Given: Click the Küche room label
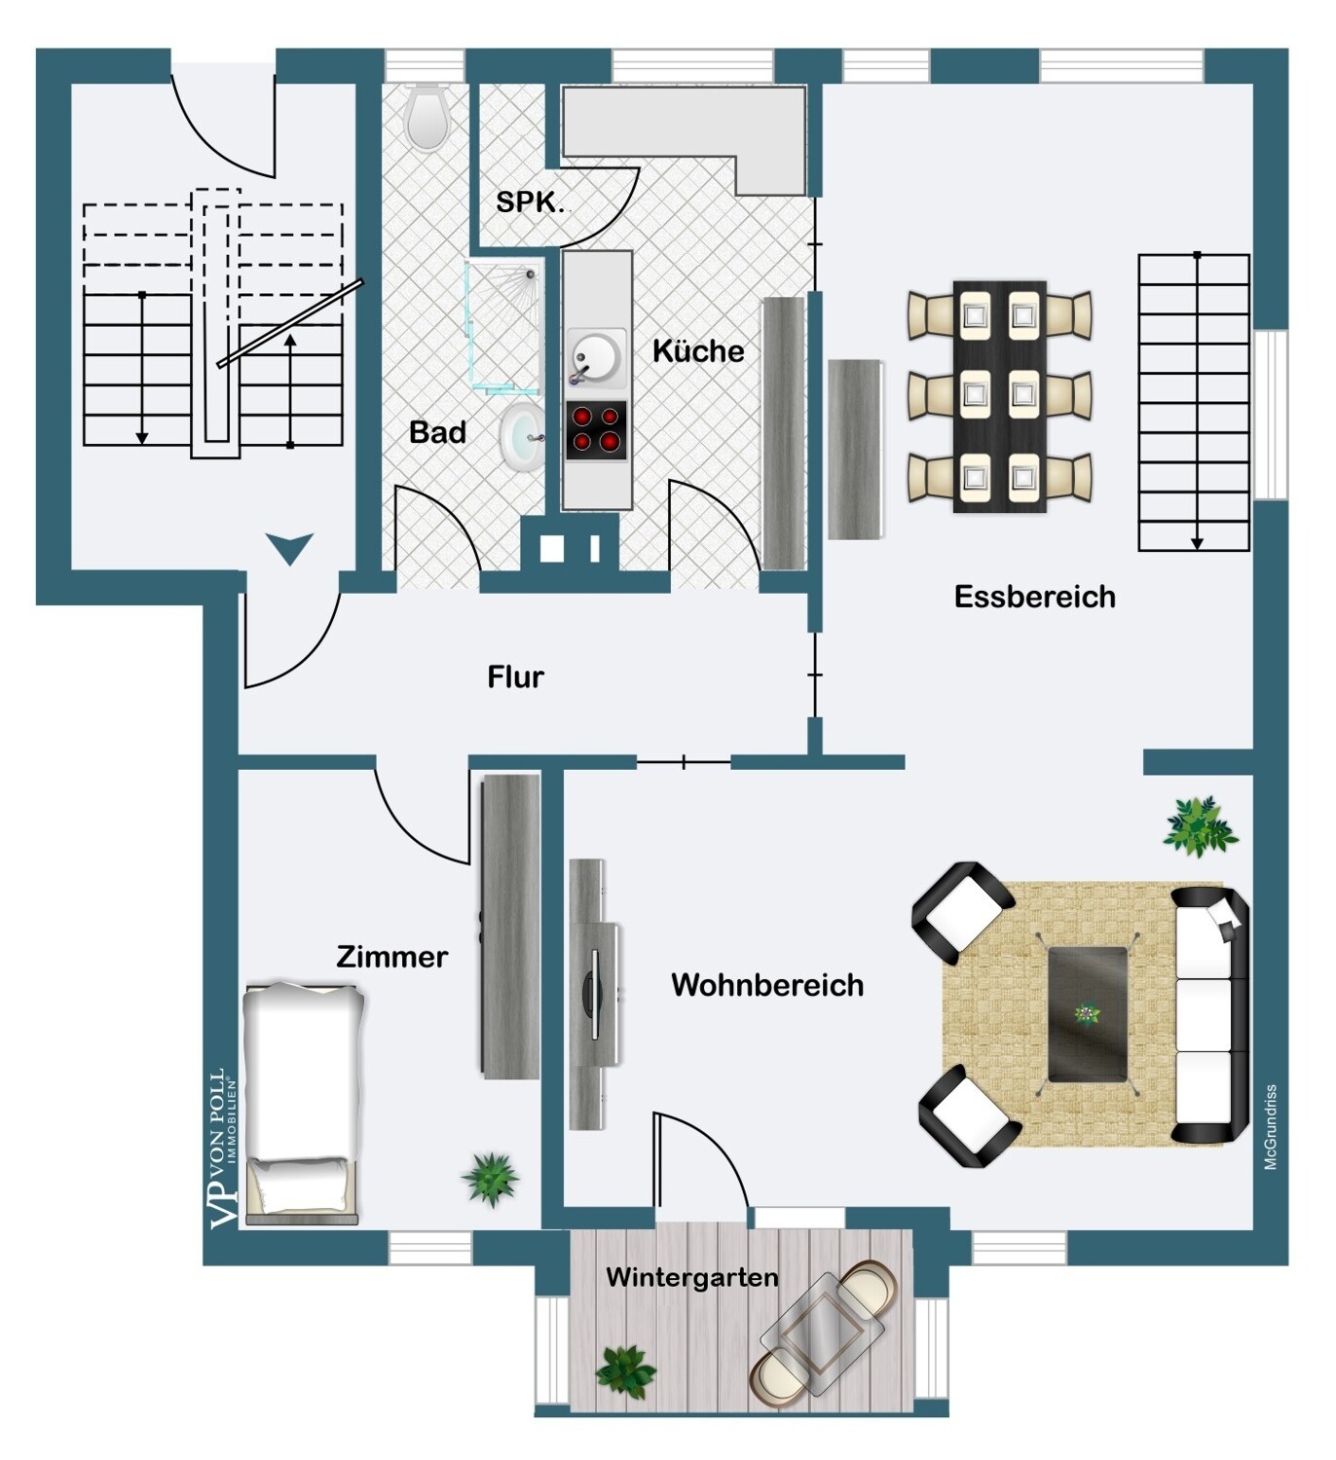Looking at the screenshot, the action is pos(698,350).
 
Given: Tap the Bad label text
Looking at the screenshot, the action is pos(437,432).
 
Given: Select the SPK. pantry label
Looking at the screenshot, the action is pos(530,201).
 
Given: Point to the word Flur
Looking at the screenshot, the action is pos(515,676).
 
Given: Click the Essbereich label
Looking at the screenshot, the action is pos(1034,596).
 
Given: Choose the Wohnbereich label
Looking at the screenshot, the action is pos(767,985).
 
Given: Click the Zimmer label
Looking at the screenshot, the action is pos(391,957).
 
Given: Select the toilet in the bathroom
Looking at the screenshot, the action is pos(427,117).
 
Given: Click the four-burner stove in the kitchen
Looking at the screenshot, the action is pos(596,430).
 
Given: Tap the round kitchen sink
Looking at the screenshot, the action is pos(596,358).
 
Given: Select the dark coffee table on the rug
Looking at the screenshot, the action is pos(1087,1014).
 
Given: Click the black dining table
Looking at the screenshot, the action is pos(999,396).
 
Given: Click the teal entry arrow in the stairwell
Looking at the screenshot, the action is pos(290,548).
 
